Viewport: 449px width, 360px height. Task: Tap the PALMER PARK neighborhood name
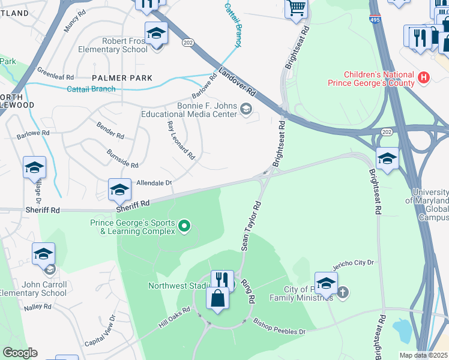[122, 78]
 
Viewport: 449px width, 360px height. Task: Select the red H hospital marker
[424, 77]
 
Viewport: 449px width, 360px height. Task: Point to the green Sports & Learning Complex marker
[185, 226]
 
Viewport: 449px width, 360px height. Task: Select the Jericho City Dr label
[354, 263]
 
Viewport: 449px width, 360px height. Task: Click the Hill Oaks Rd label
[174, 318]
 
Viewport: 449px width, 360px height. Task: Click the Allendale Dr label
[154, 182]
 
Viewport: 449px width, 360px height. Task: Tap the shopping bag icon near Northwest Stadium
[217, 298]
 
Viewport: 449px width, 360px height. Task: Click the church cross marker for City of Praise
[343, 293]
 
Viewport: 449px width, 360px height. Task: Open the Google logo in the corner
[20, 353]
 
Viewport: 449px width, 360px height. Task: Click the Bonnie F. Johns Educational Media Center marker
[246, 109]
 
